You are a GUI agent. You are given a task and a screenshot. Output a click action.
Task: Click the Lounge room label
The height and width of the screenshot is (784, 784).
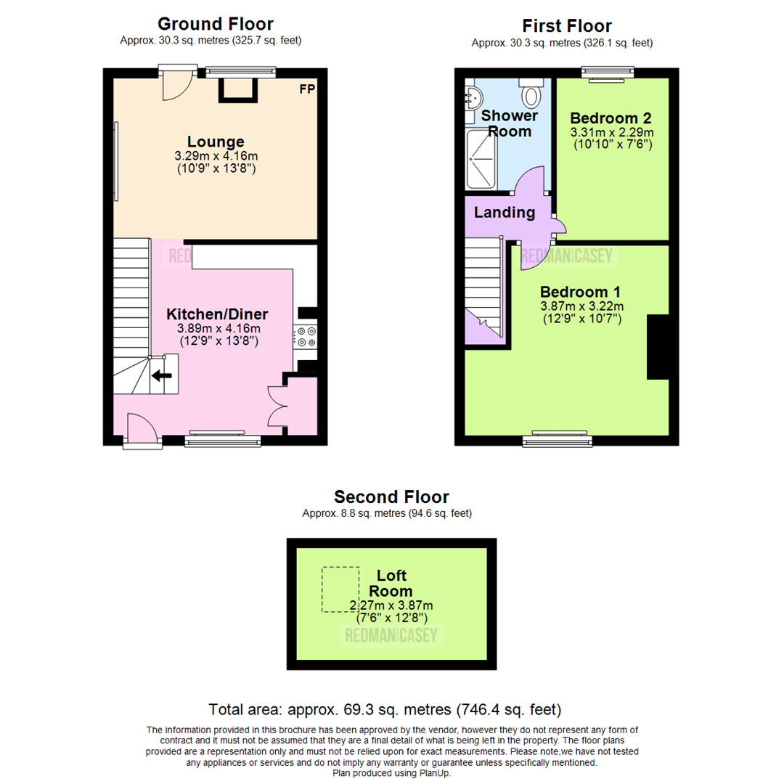(216, 142)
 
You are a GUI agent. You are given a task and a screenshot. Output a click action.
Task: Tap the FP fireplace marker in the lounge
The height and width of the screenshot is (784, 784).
(308, 90)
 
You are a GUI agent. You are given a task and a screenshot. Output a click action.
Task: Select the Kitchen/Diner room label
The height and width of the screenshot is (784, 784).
(217, 314)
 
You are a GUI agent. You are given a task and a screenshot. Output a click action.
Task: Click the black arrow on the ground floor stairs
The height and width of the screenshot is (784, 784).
(162, 375)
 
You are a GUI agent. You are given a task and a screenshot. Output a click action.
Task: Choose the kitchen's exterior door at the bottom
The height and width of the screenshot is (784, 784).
(141, 430)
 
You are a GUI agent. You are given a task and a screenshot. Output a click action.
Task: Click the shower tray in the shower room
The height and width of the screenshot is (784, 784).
(481, 158)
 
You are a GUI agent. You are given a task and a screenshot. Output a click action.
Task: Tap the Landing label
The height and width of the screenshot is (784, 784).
(504, 213)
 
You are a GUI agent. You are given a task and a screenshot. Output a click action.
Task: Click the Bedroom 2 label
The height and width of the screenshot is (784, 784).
(611, 118)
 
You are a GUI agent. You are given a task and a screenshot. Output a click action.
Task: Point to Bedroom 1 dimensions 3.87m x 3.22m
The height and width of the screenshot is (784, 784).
(581, 306)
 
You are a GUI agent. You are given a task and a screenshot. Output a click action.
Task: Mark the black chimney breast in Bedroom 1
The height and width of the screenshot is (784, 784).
(658, 347)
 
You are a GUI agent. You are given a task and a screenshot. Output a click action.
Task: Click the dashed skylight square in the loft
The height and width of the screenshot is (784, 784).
(340, 589)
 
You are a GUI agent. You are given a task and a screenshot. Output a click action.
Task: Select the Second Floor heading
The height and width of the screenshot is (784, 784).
(391, 497)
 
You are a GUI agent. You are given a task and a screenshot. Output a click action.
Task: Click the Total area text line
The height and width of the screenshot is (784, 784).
(385, 709)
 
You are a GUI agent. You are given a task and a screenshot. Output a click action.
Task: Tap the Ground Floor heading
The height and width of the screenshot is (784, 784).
(215, 25)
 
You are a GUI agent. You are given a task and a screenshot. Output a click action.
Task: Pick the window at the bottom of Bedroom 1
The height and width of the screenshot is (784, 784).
(558, 439)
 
